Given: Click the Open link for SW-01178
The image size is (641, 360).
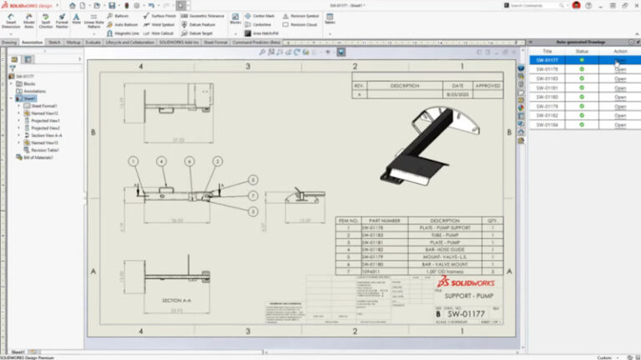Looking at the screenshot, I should (619, 69).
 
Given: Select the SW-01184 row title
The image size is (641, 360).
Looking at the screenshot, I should (547, 124).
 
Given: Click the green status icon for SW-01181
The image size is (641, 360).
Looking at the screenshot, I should (582, 88).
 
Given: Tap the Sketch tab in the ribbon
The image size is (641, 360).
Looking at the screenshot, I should (54, 41).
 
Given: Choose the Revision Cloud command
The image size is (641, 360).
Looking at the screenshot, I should (303, 24).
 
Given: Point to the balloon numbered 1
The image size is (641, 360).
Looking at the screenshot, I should (133, 160).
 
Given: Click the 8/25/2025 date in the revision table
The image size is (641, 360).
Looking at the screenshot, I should (457, 96).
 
